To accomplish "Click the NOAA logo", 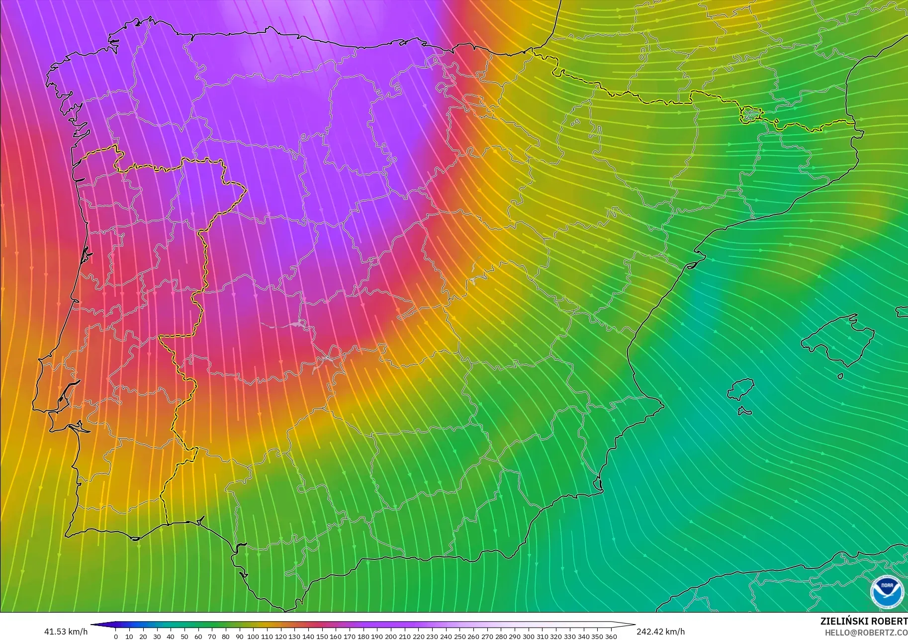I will pos(887,591).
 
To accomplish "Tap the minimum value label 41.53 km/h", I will pos(66,632).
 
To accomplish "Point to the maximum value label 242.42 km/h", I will pos(660,632).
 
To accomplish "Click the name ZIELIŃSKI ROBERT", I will pos(864,621).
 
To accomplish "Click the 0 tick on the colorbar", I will pos(116,637).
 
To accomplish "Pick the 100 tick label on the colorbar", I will pos(253,637).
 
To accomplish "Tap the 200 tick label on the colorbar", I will pos(391,637).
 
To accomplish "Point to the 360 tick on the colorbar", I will pos(611,637).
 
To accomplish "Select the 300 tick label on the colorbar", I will pos(528,637).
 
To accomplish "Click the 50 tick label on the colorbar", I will pos(184,637).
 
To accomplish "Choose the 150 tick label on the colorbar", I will pos(322,637).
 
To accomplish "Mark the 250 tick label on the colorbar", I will pos(459,637).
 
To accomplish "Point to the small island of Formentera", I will pos(744,411).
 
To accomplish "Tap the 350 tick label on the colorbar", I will pos(597,637).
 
